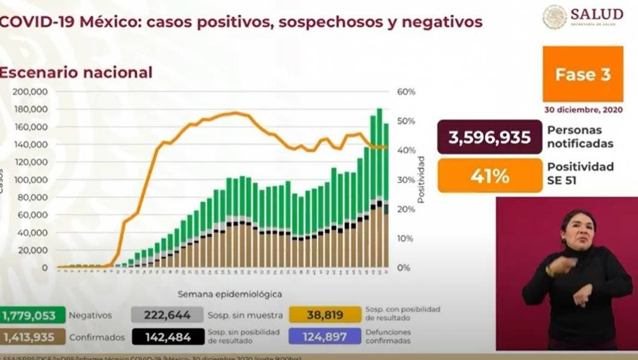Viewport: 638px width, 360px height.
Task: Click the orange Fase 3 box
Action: point(582,75)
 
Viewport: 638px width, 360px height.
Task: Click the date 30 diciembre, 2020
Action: point(582,111)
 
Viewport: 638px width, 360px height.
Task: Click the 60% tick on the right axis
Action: point(406,92)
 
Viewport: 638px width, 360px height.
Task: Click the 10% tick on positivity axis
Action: point(406,238)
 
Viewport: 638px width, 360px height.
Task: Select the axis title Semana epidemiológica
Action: point(229,294)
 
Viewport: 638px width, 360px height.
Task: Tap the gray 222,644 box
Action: point(168,315)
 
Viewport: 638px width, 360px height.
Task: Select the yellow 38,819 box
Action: point(324,315)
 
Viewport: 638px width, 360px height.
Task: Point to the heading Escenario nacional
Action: point(75,73)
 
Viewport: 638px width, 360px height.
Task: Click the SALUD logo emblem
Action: point(554,17)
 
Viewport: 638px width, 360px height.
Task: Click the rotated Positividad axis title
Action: point(421,179)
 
